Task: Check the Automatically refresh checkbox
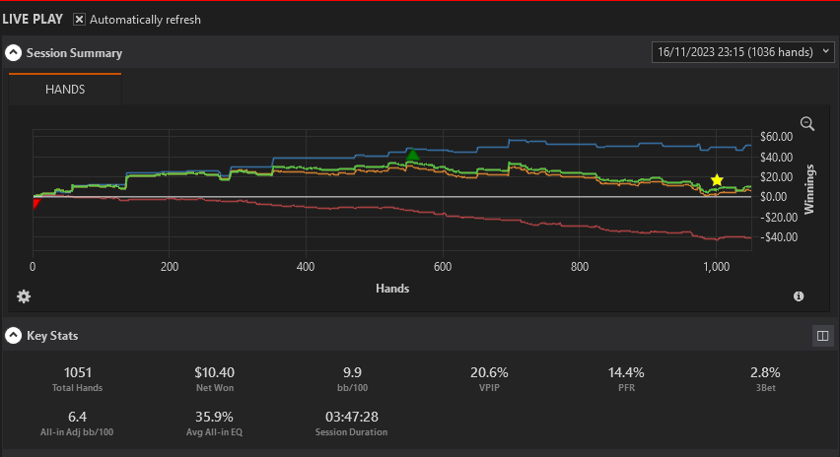(79, 20)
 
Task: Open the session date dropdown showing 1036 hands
(742, 52)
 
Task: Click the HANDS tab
(65, 89)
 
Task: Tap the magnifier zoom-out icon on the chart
(807, 124)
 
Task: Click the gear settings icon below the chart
(24, 296)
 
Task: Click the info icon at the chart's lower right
(799, 296)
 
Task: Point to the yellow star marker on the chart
(717, 180)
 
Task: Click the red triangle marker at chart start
(35, 203)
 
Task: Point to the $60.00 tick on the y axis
(776, 137)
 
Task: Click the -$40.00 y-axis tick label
(779, 237)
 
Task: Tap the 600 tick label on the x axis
(443, 267)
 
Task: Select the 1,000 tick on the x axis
(716, 267)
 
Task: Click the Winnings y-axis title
(808, 189)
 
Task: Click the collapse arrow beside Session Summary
(14, 52)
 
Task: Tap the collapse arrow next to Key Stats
(14, 336)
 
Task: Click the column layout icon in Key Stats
(823, 336)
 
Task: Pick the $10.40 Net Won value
(214, 372)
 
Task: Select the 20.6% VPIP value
(489, 372)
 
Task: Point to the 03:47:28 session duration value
(351, 417)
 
